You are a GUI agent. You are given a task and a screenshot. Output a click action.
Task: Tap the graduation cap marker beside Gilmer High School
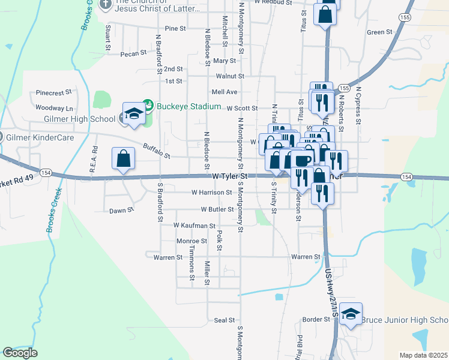coord(134,113)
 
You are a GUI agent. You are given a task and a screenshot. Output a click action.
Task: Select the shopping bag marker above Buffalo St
coord(123,160)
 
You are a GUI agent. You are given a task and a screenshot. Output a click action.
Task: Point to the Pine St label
coord(175,28)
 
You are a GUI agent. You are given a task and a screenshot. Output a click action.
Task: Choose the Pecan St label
coord(133,53)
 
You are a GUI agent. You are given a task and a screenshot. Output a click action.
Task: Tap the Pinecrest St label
coord(54,93)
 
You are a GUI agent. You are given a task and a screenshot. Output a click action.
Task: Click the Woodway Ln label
coord(54,108)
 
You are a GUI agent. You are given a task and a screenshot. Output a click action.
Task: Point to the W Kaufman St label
coord(194,225)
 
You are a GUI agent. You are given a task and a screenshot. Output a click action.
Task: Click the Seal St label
coord(223,321)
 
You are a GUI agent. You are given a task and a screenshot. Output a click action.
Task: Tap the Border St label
coord(316,319)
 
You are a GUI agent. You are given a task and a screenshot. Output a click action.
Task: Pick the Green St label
coord(379,32)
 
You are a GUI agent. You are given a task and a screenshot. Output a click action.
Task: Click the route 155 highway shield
coord(406,19)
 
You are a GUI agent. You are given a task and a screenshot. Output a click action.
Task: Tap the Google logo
coord(20,353)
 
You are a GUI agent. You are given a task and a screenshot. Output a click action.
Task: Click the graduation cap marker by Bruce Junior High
coord(351,314)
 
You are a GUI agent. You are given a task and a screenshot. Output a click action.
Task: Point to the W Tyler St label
coord(231,176)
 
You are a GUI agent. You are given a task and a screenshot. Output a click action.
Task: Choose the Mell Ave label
coord(224,92)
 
